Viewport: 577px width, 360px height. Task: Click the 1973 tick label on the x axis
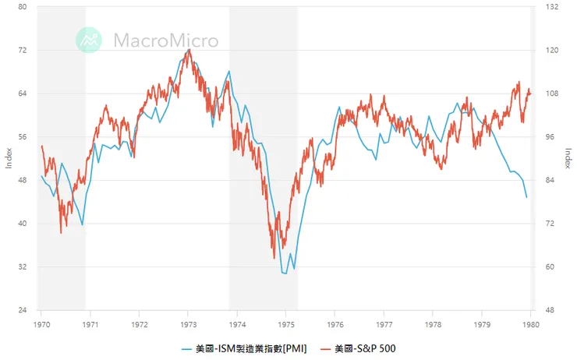[x=189, y=323]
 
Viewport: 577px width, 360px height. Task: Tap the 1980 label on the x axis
[x=530, y=323]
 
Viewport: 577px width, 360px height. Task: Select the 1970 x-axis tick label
[x=42, y=323]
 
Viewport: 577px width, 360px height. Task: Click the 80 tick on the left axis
[x=23, y=7]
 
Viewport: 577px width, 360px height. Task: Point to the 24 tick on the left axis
[x=23, y=310]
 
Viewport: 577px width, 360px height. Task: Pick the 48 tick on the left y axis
[x=23, y=180]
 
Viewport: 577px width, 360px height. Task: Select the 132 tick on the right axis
[x=552, y=7]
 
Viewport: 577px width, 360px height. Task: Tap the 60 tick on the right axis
[x=550, y=267]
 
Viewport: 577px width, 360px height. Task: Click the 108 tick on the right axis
[x=552, y=94]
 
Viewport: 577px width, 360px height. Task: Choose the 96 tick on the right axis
[x=550, y=137]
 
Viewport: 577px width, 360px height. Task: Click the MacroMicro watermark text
[x=165, y=41]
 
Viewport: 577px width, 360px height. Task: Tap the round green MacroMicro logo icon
[x=89, y=41]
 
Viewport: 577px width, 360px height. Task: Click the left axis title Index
[x=9, y=158]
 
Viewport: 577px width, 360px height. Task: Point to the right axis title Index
[x=567, y=158]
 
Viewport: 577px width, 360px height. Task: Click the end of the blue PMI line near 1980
[x=526, y=197]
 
